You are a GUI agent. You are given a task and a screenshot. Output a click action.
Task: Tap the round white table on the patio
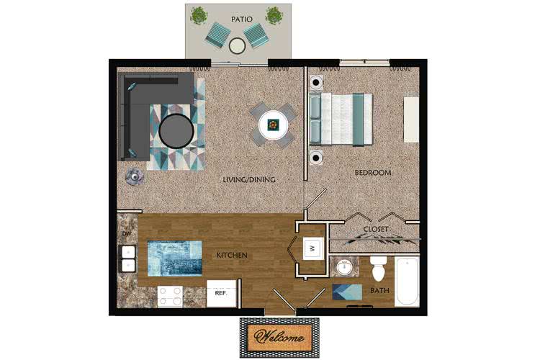(238, 45)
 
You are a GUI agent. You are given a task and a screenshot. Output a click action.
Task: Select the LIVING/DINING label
(250, 179)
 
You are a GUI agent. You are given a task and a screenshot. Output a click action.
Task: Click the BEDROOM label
(372, 173)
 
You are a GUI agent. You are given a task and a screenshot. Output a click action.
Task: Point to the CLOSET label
(375, 229)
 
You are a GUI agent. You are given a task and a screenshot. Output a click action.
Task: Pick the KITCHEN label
(232, 256)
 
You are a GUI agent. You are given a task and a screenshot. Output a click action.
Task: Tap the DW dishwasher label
(125, 234)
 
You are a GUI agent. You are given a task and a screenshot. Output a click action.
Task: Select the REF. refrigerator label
(220, 292)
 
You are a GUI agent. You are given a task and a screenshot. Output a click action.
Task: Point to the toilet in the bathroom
(378, 271)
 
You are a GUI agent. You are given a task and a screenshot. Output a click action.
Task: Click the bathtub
(406, 282)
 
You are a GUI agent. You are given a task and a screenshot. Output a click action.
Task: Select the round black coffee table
(176, 130)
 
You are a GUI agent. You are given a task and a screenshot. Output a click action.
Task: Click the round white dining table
(274, 125)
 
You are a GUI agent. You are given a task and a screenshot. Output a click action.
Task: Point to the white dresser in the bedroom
(411, 120)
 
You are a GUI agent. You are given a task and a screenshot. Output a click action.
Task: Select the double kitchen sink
(129, 259)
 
